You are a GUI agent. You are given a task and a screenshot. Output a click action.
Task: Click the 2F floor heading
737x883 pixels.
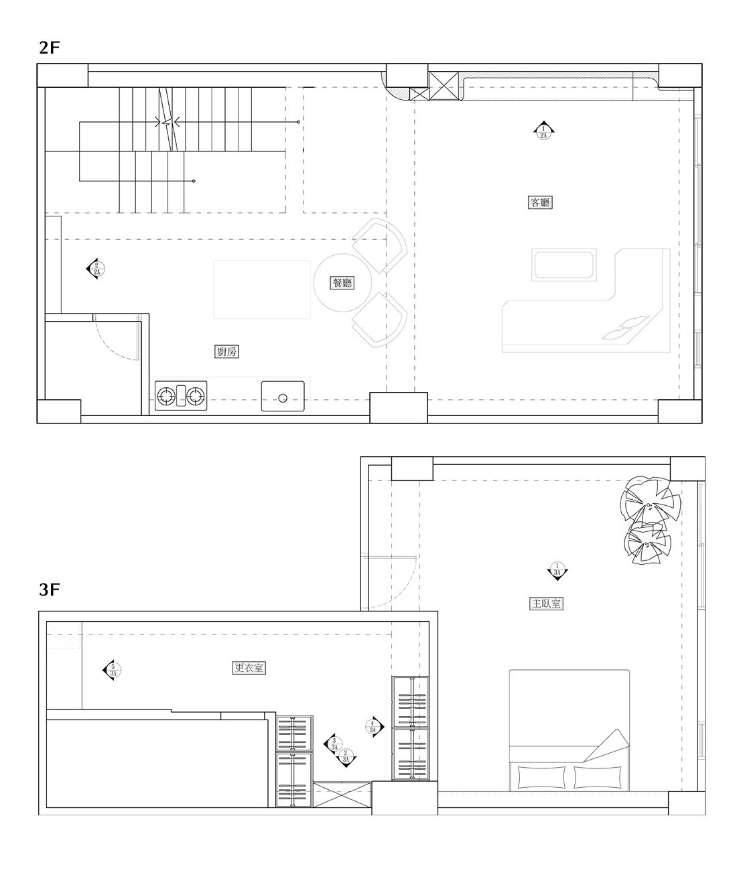pos(50,48)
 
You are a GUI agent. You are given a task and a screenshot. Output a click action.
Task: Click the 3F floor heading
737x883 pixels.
pos(50,590)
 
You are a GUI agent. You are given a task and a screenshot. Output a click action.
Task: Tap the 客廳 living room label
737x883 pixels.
pos(540,202)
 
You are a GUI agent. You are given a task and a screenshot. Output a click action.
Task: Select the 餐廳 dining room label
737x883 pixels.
pos(342,283)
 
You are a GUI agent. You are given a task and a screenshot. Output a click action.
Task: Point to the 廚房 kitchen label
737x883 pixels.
pos(226,351)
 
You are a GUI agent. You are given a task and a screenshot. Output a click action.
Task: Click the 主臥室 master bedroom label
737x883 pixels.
pos(547,604)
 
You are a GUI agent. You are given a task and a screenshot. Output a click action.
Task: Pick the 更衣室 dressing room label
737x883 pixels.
pos(249,668)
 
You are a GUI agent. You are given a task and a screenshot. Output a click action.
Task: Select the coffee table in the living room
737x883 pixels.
pos(563,265)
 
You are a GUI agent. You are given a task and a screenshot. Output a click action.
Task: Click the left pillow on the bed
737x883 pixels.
pos(542,777)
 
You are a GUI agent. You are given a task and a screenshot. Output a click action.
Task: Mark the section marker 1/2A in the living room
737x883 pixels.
pos(543,131)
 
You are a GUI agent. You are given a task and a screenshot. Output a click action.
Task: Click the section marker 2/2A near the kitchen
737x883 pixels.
pos(95,269)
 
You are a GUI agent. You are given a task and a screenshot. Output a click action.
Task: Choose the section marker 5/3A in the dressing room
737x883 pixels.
pos(111,669)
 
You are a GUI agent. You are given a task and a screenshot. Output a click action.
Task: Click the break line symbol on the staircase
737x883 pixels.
pos(168,122)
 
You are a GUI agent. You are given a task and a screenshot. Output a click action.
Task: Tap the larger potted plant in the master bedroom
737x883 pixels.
pos(648,500)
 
